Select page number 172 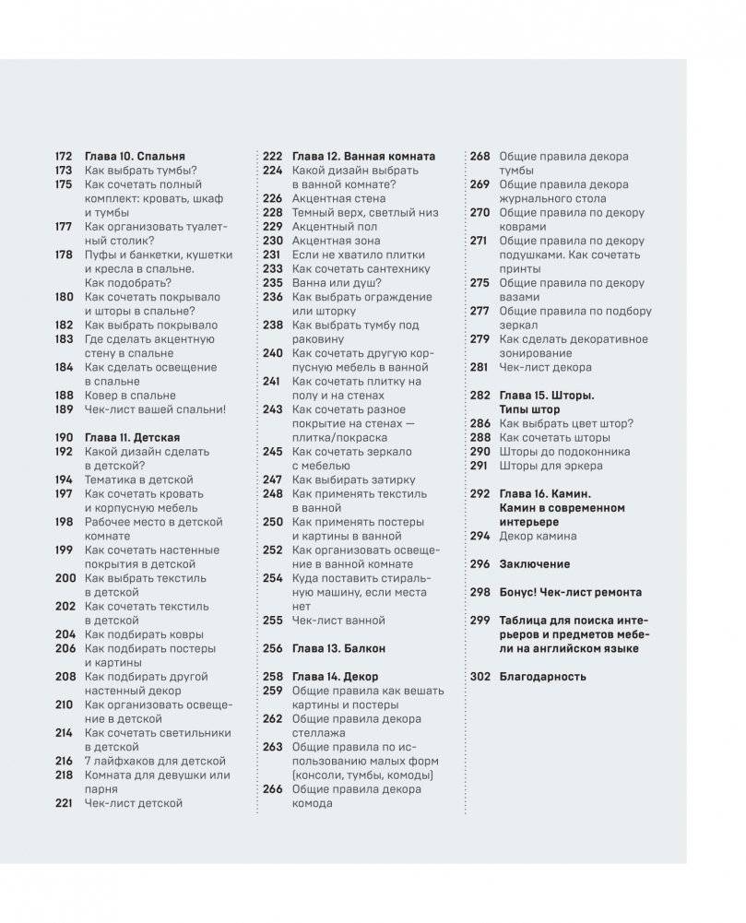click(64, 157)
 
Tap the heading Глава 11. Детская click(132, 438)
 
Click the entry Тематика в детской click(138, 479)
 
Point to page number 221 click(64, 803)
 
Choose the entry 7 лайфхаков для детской click(155, 761)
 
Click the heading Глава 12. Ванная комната click(363, 157)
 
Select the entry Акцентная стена click(337, 198)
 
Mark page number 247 click(272, 479)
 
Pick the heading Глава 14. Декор click(333, 677)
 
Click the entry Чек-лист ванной click(338, 621)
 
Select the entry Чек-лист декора click(545, 367)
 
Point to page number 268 click(480, 157)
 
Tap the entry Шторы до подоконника click(564, 452)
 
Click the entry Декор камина click(538, 536)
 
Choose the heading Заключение click(534, 563)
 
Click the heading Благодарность click(542, 676)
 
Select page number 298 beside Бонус click(480, 592)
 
